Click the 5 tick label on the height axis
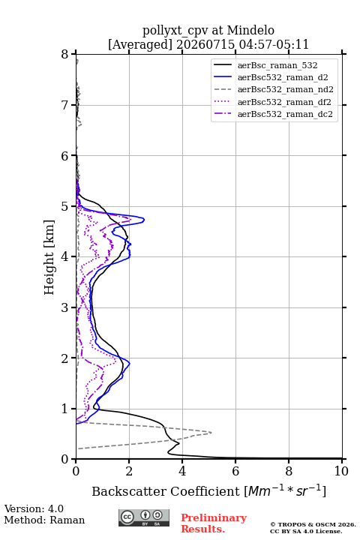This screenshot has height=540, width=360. pyautogui.click(x=64, y=206)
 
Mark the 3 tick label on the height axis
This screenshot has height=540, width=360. pyautogui.click(x=64, y=307)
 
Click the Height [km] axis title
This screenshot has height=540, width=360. pyautogui.click(x=49, y=257)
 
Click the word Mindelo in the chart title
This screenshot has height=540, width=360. pyautogui.click(x=250, y=30)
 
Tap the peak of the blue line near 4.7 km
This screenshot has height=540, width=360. pyautogui.click(x=144, y=219)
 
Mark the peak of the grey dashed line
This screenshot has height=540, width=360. pyautogui.click(x=211, y=433)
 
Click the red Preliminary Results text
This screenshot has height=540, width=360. pyautogui.click(x=214, y=523)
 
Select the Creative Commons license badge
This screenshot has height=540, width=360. pyautogui.click(x=144, y=517)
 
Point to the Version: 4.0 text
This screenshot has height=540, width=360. pyautogui.click(x=34, y=508)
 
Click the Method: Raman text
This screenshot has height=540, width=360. pyautogui.click(x=44, y=520)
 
